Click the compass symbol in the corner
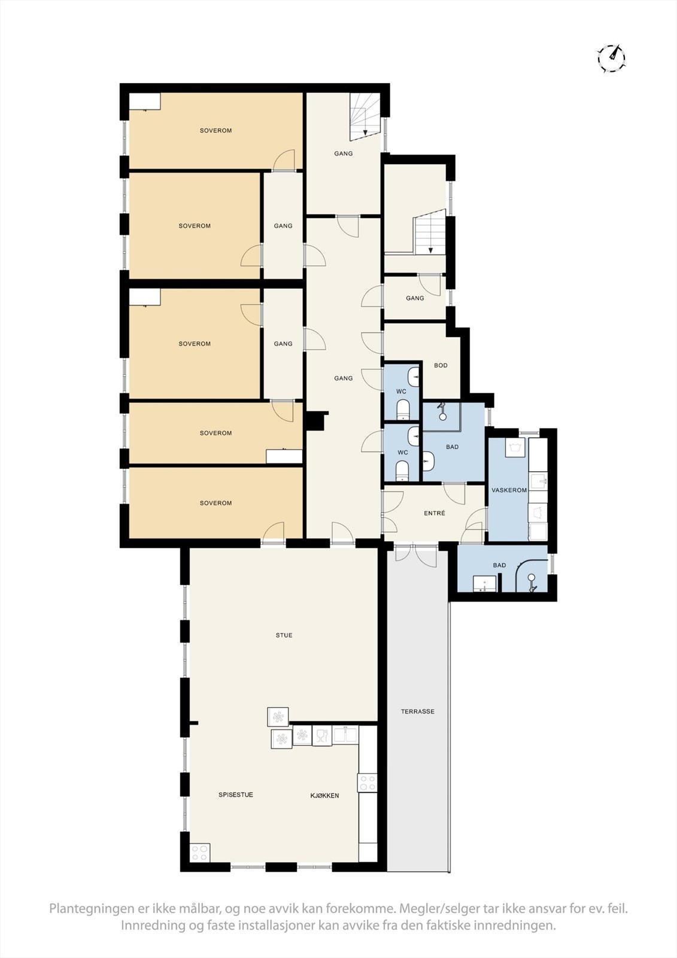pyautogui.click(x=611, y=58)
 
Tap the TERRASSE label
pyautogui.click(x=417, y=711)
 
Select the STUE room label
pyautogui.click(x=284, y=635)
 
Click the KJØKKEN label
pyautogui.click(x=324, y=796)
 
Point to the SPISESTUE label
pyautogui.click(x=235, y=795)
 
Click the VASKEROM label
pyautogui.click(x=509, y=490)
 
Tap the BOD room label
pyautogui.click(x=441, y=365)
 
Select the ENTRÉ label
pyautogui.click(x=434, y=514)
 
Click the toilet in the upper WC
pyautogui.click(x=403, y=410)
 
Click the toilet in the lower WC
pyautogui.click(x=403, y=470)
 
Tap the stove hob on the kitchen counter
pyautogui.click(x=367, y=782)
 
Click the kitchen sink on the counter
pyautogui.click(x=345, y=735)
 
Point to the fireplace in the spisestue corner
pyautogui.click(x=199, y=852)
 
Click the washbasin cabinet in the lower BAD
pyautogui.click(x=484, y=583)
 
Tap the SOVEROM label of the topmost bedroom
pyautogui.click(x=215, y=131)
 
